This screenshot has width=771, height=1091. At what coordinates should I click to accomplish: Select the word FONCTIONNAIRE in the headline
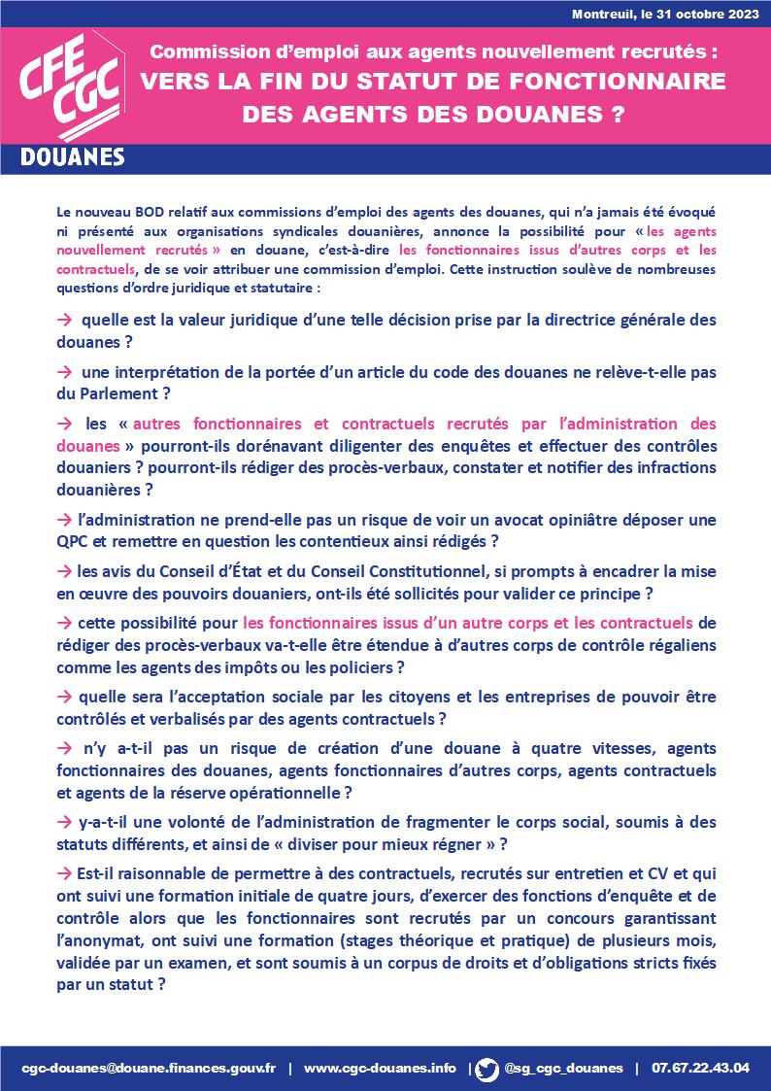click(620, 82)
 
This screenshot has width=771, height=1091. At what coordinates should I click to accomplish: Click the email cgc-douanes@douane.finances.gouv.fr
click(149, 1068)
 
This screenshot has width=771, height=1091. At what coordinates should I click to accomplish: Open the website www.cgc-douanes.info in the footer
click(380, 1068)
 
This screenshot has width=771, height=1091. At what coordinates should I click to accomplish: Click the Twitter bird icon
click(487, 1068)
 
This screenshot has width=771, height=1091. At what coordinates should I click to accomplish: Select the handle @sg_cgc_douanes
click(563, 1068)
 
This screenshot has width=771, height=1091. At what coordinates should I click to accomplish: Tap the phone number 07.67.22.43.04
click(700, 1068)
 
